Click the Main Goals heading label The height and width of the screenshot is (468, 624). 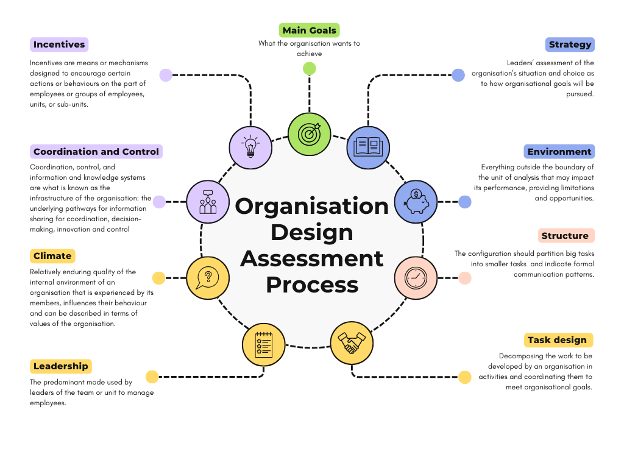pos(309,30)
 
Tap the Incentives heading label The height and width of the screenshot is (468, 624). pos(59,44)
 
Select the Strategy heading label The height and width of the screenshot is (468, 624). pos(570,44)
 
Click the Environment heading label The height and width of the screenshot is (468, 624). pos(559,152)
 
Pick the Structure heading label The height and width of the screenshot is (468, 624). pos(565,236)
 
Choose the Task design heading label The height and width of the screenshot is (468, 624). pos(557,340)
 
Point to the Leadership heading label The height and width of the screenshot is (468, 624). pos(61,366)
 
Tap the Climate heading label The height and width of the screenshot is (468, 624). pos(52,256)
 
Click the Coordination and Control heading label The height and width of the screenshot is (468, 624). pos(96,152)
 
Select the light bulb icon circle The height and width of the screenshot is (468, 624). pos(250,147)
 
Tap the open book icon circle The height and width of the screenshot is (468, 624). pos(368,147)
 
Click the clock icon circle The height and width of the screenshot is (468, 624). pos(416,278)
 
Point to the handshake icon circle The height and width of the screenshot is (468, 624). pos(352,343)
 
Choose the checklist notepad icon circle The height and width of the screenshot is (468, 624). pos(264,343)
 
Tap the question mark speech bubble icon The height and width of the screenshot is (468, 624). pos(208,278)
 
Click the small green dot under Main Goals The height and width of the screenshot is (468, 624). pos(310,68)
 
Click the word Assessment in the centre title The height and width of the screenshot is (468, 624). pos(312,258)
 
